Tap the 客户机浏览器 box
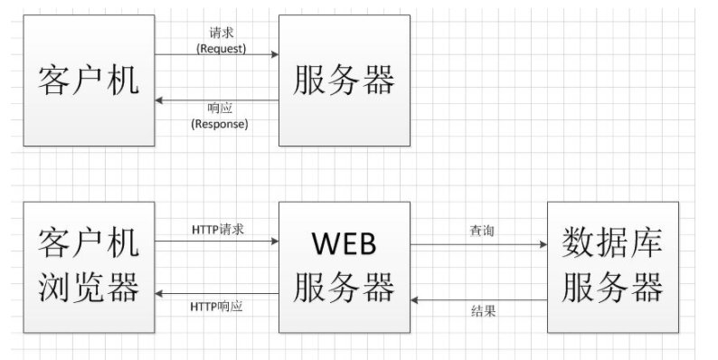click(x=89, y=266)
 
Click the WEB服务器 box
click(x=344, y=266)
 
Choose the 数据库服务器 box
click(x=613, y=266)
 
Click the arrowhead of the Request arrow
click(x=274, y=55)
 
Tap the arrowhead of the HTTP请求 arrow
click(x=274, y=242)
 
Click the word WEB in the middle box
click(x=344, y=244)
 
